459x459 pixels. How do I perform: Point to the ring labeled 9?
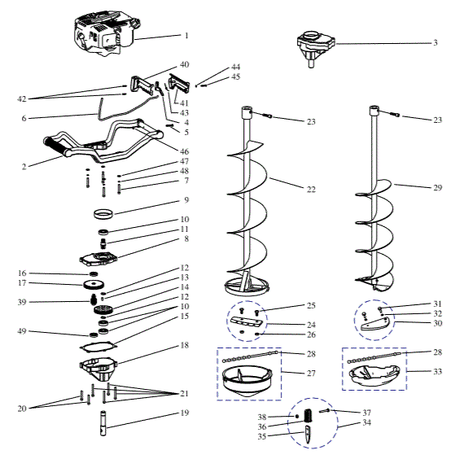(104, 216)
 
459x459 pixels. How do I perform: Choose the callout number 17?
(22, 283)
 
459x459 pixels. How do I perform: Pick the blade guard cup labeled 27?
(246, 381)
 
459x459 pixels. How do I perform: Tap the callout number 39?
(22, 302)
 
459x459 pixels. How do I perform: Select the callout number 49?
(22, 333)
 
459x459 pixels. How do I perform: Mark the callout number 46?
(185, 152)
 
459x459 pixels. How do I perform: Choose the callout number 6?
(23, 118)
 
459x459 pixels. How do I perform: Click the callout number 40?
(184, 65)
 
